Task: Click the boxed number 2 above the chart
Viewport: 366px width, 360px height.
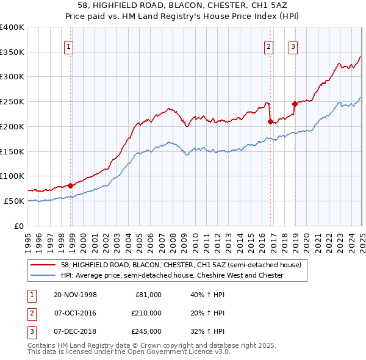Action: click(268, 46)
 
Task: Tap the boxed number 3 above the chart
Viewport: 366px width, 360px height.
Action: click(293, 46)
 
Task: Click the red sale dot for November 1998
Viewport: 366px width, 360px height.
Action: click(71, 185)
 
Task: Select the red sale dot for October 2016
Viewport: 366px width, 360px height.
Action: click(270, 121)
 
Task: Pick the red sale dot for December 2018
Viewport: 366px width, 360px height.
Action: click(295, 104)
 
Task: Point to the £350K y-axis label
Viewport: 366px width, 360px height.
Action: click(12, 52)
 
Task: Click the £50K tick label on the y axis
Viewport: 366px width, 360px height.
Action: click(14, 201)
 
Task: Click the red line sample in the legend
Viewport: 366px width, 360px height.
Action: click(44, 265)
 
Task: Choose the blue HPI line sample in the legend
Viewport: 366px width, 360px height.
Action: click(44, 276)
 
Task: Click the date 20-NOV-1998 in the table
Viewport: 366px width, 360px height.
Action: click(75, 295)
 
